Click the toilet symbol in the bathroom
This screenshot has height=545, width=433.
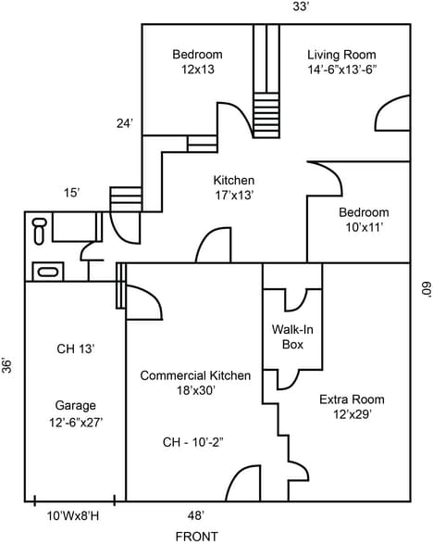click(x=39, y=230)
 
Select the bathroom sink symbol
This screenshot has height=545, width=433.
click(x=46, y=272)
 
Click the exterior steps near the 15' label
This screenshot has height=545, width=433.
click(x=123, y=198)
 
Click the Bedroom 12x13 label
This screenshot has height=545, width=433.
click(x=197, y=62)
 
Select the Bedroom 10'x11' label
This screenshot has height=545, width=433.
click(x=363, y=220)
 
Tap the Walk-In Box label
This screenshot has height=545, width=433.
click(x=292, y=336)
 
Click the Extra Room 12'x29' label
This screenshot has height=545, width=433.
click(x=352, y=407)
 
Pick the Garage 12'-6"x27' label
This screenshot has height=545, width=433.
click(x=75, y=412)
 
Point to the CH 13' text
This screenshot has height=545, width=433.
click(x=75, y=349)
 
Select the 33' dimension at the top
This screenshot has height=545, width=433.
click(x=301, y=7)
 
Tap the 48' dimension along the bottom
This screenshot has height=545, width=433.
click(x=196, y=514)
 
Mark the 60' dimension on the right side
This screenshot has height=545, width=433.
click(x=425, y=290)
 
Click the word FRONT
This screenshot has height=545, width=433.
click(x=196, y=536)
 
